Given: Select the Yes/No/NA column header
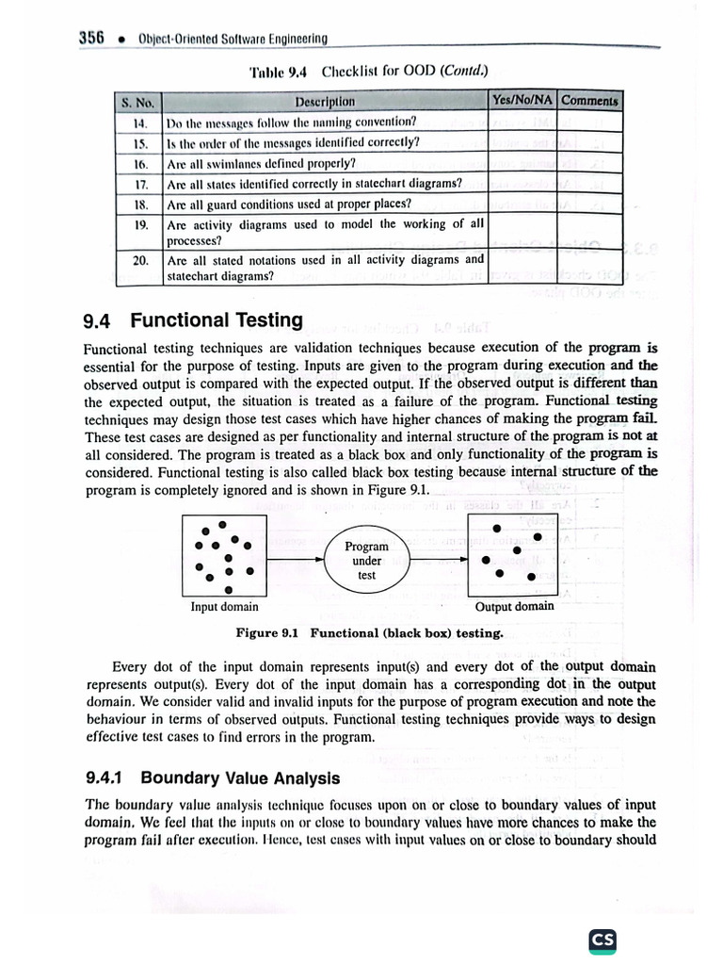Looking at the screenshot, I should tap(522, 100).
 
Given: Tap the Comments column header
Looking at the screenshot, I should tap(590, 100).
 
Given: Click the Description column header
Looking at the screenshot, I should tap(325, 102).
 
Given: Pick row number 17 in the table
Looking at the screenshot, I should tap(138, 184).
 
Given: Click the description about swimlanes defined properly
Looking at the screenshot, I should tap(261, 163).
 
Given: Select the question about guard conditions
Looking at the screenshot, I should tap(288, 204).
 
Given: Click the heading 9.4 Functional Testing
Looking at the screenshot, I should tap(193, 320).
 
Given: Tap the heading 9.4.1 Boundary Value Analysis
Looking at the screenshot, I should tap(213, 778).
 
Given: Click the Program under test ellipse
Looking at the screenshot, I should tap(366, 561).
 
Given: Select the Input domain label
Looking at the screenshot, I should tap(224, 607).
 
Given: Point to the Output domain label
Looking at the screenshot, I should tap(514, 607).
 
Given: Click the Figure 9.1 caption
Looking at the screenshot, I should tap(369, 633).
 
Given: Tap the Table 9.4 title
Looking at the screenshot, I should tap(368, 72).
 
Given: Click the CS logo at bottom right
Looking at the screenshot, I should tap(602, 940).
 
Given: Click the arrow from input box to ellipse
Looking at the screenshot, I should tap(294, 561).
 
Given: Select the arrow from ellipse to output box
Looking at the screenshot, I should tap(439, 561).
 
